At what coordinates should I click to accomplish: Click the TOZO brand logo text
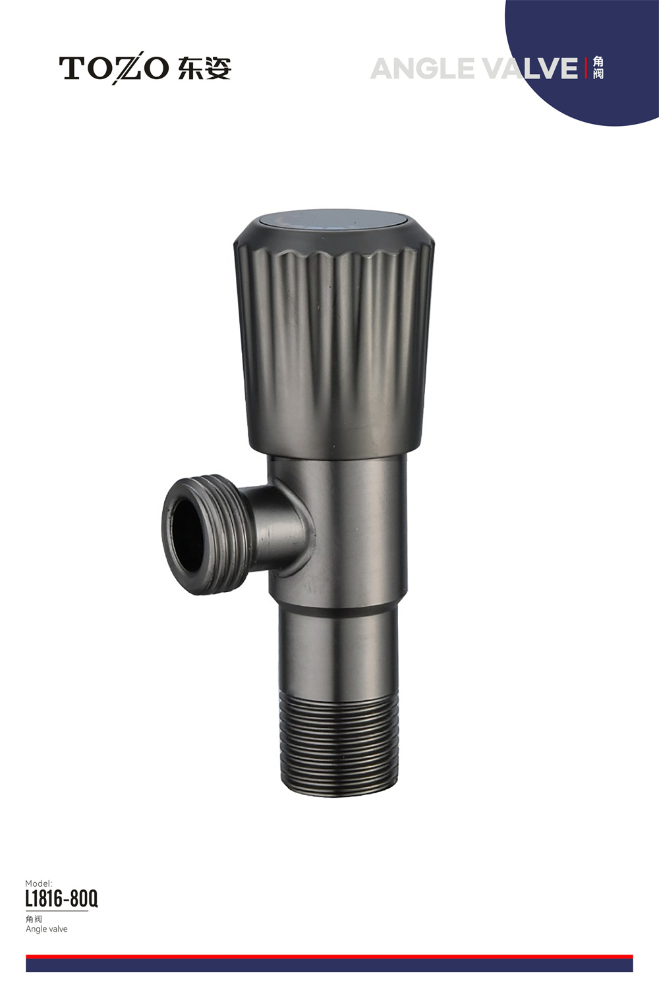114,69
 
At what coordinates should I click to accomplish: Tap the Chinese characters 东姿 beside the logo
204,69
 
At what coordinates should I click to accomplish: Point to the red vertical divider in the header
586,69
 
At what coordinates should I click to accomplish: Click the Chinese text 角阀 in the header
598,69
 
